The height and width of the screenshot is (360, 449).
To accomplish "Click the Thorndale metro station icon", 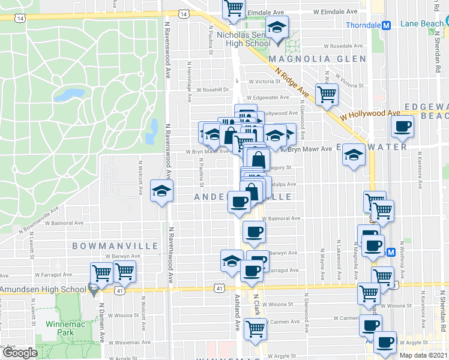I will [387, 25].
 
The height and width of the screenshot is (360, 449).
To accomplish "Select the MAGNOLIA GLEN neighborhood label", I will [317, 59].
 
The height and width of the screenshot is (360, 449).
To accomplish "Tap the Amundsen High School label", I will [43, 290].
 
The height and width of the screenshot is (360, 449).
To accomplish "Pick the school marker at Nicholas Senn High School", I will [277, 28].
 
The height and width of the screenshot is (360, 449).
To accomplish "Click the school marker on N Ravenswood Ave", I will [161, 191].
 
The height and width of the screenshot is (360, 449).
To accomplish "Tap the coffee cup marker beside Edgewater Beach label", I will [402, 126].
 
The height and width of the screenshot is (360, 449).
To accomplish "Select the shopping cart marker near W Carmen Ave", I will [256, 329].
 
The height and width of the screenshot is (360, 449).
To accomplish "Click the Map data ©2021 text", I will [424, 355].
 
